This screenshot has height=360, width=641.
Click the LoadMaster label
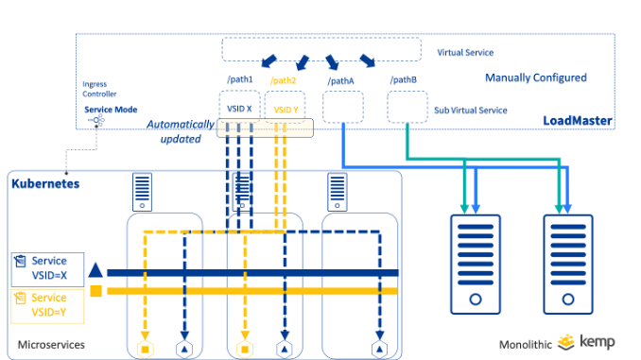click(x=577, y=121)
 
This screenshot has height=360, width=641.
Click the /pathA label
click(x=340, y=81)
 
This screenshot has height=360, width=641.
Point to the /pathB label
click(x=404, y=81)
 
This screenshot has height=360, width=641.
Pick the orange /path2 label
click(x=283, y=81)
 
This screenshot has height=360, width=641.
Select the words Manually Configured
click(x=535, y=77)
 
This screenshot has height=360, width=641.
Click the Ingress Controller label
click(x=101, y=90)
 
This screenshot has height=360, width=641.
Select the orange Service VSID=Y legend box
click(x=46, y=303)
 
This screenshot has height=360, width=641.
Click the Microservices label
click(x=51, y=345)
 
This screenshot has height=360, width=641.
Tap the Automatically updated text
click(x=180, y=131)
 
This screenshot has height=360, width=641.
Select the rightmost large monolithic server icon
click(x=568, y=264)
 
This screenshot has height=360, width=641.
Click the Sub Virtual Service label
click(x=470, y=110)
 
